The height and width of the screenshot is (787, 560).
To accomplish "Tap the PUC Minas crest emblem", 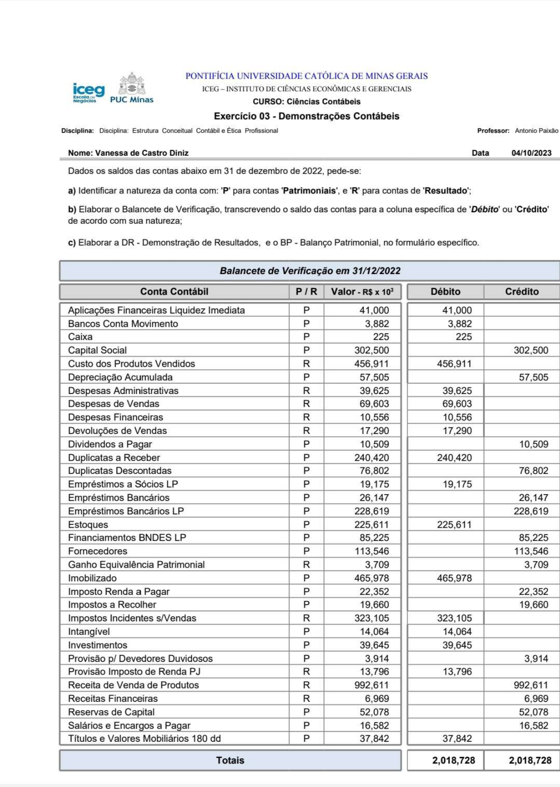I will (132, 85).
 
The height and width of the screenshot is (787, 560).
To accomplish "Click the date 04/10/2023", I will (531, 153).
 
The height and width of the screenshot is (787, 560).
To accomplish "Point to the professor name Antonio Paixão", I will (536, 131).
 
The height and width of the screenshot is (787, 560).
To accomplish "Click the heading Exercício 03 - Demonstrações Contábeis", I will (306, 116).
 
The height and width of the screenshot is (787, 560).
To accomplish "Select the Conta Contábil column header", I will (174, 292).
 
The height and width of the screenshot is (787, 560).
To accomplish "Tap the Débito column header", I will (445, 292).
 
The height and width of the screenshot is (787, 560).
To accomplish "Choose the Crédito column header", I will (522, 292).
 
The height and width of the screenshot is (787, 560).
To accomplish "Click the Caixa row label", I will (80, 337).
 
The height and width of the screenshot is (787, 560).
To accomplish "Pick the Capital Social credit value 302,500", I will (530, 351).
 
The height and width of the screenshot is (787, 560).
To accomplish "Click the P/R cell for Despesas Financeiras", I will (306, 418).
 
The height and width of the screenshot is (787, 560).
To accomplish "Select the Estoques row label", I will (88, 525).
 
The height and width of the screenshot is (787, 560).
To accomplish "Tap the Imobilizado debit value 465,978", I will (454, 578).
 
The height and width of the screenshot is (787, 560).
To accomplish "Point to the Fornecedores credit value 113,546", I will (531, 551).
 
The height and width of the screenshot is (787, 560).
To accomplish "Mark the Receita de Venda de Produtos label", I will (134, 685).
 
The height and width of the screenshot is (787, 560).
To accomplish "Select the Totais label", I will (230, 761).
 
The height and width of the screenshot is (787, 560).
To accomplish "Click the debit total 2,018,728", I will (454, 761).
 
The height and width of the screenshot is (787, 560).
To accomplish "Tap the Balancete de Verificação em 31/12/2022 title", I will (310, 271).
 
